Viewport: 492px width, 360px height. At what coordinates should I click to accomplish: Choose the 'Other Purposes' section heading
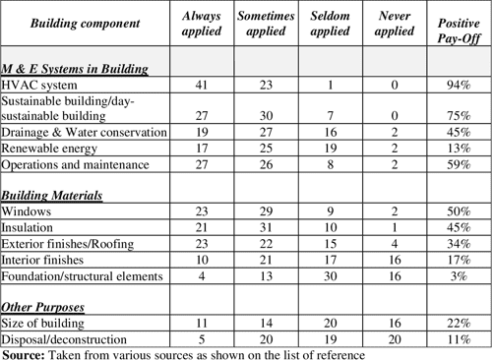[45, 307]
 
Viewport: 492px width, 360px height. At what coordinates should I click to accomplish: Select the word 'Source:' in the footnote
[25, 352]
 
